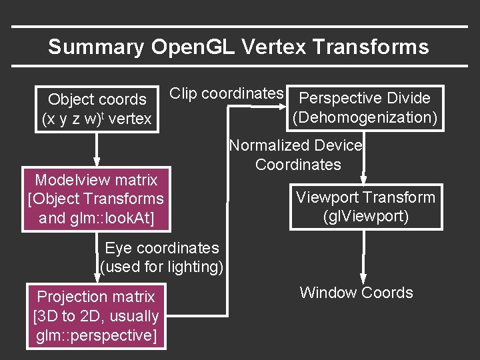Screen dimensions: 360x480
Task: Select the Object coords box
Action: tap(97, 109)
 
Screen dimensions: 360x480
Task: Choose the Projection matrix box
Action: tap(96, 316)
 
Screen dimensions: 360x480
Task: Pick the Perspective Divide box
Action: tap(365, 108)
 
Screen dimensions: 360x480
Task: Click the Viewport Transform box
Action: tap(365, 207)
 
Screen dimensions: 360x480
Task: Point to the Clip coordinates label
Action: tap(227, 94)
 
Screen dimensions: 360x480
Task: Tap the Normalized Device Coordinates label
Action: tap(297, 155)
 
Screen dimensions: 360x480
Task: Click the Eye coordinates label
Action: tap(161, 248)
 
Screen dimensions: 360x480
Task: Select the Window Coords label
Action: tap(356, 293)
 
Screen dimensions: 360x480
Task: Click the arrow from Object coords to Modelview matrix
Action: tap(97, 150)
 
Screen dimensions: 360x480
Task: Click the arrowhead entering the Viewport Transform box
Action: tap(364, 179)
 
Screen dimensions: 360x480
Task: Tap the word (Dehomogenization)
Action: tap(365, 117)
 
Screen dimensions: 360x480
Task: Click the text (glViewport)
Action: tap(365, 217)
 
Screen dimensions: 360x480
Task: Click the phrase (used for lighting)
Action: tap(161, 267)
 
